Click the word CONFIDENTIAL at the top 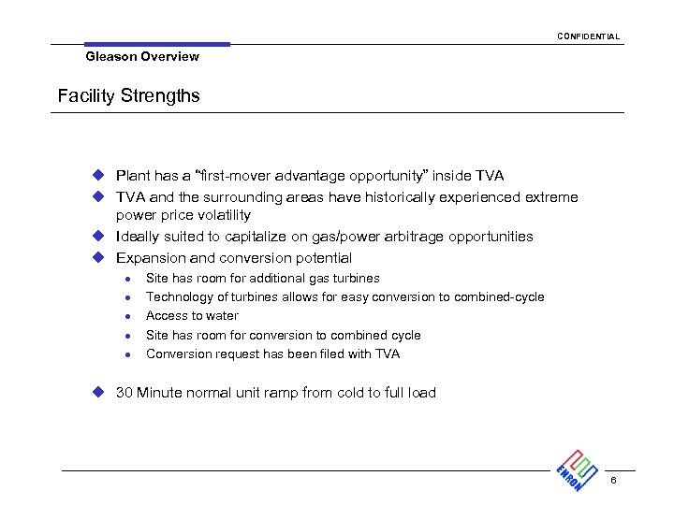[x=588, y=36]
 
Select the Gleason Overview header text [x=142, y=57]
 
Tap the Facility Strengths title [x=128, y=96]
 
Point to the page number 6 [x=613, y=481]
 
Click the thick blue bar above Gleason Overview [x=156, y=44]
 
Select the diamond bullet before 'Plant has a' [x=95, y=176]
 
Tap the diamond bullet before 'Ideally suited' [x=95, y=237]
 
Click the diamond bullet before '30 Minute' [x=95, y=393]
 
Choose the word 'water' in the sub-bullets [x=222, y=316]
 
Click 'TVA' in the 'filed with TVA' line [x=387, y=354]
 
